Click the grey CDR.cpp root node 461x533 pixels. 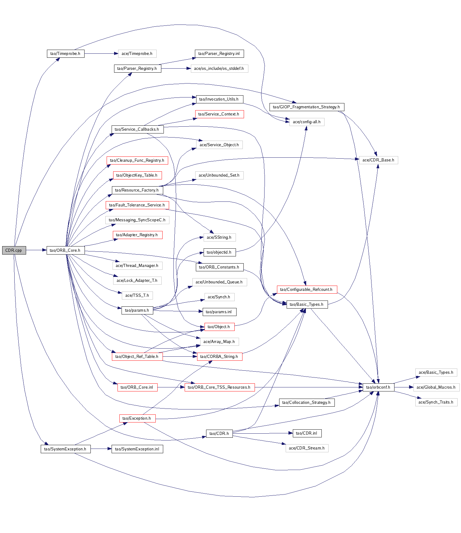point(14,250)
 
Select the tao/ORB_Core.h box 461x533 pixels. point(65,250)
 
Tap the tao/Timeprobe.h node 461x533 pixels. point(65,54)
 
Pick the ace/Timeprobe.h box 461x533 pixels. point(137,54)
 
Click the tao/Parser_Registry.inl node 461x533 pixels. point(219,54)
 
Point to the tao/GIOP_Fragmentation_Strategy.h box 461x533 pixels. point(307,107)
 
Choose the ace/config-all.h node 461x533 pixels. point(307,122)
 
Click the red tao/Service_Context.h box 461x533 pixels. point(219,114)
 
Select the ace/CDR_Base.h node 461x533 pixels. point(378,160)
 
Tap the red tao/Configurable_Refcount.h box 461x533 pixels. point(307,290)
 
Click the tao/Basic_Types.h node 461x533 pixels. point(307,305)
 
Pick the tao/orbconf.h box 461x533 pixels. point(378,387)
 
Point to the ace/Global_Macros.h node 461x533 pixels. point(436,387)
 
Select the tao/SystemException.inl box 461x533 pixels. point(137,449)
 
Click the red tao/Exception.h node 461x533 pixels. point(137,418)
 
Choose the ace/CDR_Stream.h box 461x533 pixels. point(307,448)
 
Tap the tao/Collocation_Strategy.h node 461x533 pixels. point(307,403)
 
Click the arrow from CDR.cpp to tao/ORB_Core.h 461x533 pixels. point(36,250)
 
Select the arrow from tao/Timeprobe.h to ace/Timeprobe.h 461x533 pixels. point(101,54)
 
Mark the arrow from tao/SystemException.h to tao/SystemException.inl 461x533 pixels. point(101,449)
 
